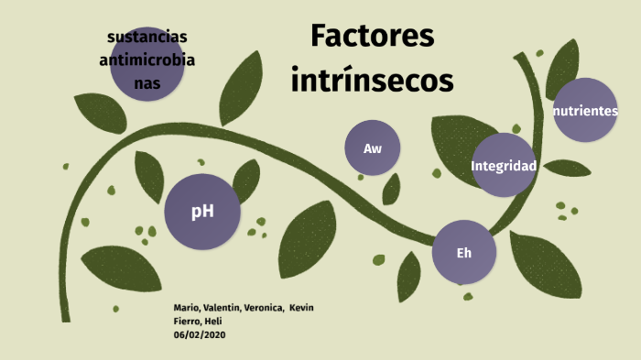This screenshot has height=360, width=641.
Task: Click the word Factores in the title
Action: pos(372,37)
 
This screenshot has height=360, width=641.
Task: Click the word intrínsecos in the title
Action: pos(372,81)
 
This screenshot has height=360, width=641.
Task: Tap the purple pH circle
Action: pos(202,212)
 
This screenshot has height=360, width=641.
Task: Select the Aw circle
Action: pos(373,148)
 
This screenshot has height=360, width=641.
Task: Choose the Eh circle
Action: pos(464,252)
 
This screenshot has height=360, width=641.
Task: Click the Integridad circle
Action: pos(503,166)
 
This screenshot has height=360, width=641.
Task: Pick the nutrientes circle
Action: pos(585,111)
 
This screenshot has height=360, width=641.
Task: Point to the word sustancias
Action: pos(147,37)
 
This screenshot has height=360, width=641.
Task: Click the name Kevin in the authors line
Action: pos(301,307)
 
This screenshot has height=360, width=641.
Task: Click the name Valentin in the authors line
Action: pos(223,307)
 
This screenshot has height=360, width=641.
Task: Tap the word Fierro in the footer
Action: pos(187,321)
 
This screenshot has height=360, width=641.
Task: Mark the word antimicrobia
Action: pos(147,60)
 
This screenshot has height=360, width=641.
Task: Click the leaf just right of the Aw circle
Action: pos(392,190)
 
